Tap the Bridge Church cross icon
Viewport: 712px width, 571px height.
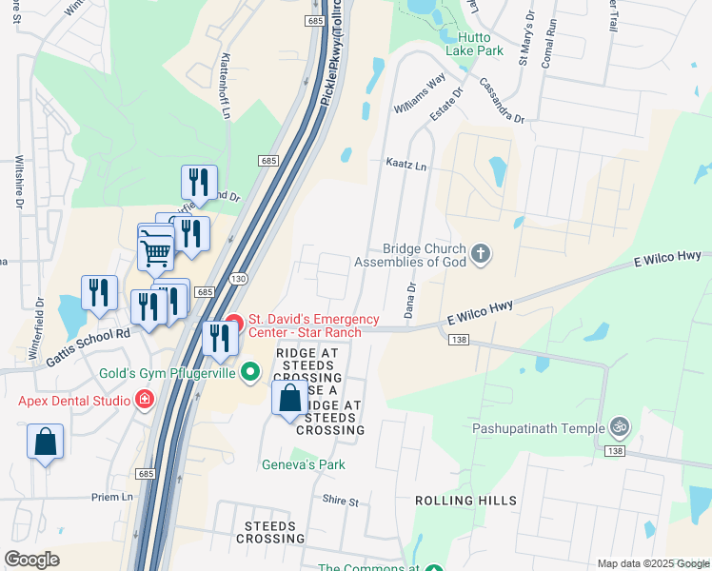pos(481,253)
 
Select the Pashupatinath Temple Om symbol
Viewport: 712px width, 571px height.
pos(620,427)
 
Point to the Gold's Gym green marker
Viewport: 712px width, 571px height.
pos(250,371)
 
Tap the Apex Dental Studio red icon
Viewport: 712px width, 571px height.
pos(145,400)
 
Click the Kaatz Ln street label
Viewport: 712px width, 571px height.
pos(406,165)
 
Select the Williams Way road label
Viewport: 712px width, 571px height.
pos(420,96)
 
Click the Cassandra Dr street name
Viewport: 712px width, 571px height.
pos(502,101)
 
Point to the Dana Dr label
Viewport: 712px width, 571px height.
pos(411,299)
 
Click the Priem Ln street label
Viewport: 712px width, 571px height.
pos(112,497)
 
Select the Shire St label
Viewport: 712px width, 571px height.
pos(340,501)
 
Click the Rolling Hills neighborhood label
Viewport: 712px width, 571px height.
pos(466,501)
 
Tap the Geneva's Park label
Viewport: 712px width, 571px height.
pos(304,464)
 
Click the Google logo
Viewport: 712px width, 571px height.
pos(31,560)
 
